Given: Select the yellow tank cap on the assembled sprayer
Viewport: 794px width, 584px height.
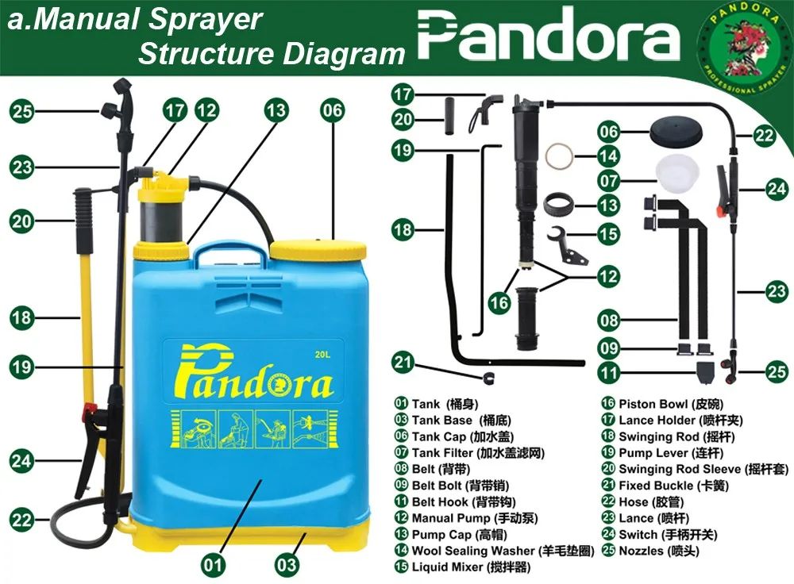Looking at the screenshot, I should tap(318, 250).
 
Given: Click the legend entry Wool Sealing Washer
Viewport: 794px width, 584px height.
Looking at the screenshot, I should tap(472, 551).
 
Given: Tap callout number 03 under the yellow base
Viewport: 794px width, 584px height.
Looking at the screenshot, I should tap(287, 564).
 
